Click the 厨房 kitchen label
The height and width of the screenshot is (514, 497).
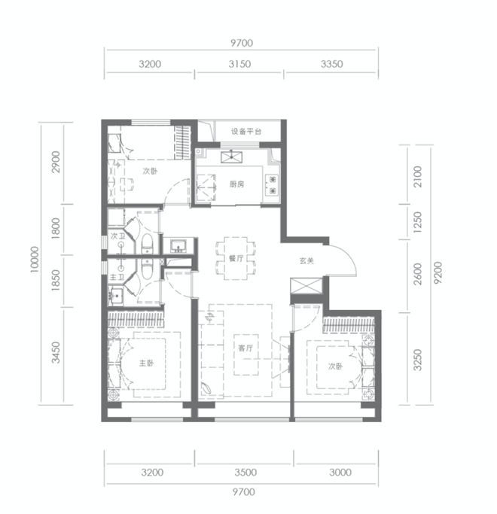coord(236,184)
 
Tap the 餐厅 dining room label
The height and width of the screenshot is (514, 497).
coord(236,258)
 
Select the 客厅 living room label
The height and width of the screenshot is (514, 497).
coord(245,348)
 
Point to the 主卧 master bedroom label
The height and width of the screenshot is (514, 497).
coord(146,363)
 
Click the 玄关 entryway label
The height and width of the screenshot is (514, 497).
coord(306,261)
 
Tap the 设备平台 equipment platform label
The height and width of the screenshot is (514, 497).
coord(246,132)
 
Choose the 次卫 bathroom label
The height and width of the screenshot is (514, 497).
coord(117,236)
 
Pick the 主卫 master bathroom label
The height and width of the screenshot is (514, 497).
coord(117,278)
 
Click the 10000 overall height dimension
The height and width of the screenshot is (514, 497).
coord(35,260)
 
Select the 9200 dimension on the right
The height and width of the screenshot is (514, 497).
coord(438,272)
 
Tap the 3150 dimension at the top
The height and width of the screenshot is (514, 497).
coord(239,64)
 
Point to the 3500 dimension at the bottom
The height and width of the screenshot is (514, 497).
coord(245,473)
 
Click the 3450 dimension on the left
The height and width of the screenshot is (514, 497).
coord(56,352)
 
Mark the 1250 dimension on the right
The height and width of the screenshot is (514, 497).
coord(417,222)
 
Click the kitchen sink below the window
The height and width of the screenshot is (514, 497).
coord(232,157)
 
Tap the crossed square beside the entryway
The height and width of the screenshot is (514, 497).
coord(306,287)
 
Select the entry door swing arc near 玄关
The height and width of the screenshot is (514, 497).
coord(349,254)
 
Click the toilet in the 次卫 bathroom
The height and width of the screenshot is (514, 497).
coord(148,243)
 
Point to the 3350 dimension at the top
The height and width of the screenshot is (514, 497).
coord(331,64)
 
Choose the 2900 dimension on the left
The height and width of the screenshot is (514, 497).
coord(56,162)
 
